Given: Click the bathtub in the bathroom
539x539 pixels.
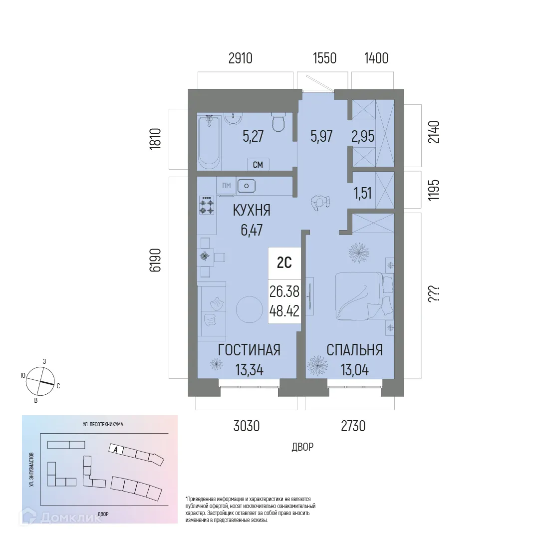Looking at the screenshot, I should pyautogui.click(x=209, y=142).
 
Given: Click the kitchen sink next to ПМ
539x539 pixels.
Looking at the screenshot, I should pyautogui.click(x=247, y=186).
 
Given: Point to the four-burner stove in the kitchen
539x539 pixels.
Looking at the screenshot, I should pyautogui.click(x=207, y=205).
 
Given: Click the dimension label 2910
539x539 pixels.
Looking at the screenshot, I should pyautogui.click(x=240, y=58).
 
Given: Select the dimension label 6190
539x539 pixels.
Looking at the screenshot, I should pyautogui.click(x=156, y=260).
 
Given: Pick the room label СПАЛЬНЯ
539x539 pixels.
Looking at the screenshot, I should pyautogui.click(x=354, y=350).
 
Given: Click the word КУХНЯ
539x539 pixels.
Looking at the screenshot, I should pyautogui.click(x=252, y=211).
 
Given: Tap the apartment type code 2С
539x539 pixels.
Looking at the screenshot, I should pyautogui.click(x=284, y=263).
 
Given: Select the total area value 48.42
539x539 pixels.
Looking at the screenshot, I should pyautogui.click(x=284, y=311).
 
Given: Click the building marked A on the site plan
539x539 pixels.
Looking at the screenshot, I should pyautogui.click(x=116, y=449).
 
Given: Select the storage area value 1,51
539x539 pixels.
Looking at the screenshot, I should pyautogui.click(x=363, y=193).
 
